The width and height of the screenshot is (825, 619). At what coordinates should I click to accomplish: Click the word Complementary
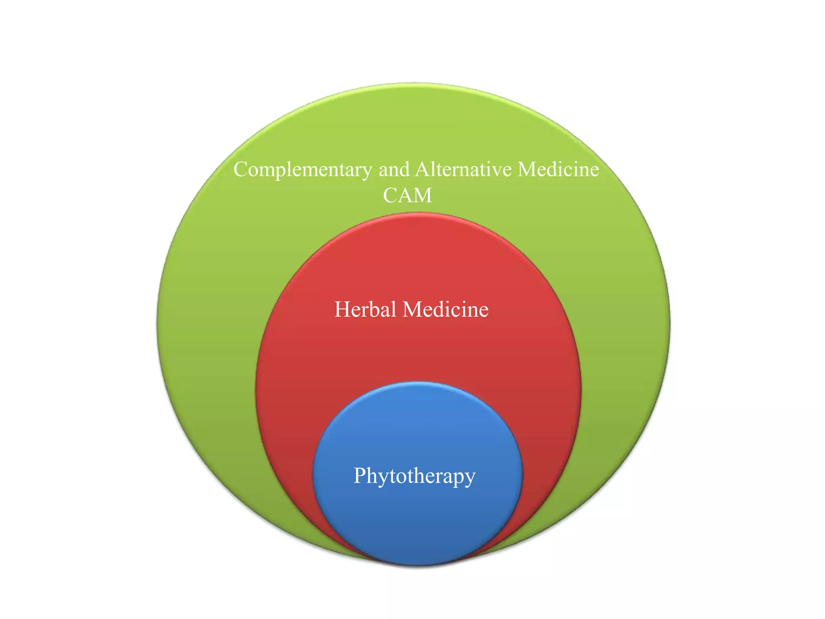coord(303,170)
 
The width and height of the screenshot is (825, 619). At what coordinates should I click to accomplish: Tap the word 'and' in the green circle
coord(394,169)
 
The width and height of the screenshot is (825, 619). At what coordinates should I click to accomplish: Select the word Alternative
coord(463,169)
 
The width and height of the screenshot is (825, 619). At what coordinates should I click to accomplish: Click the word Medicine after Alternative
coord(558,169)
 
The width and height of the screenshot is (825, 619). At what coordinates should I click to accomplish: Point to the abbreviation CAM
coord(407,196)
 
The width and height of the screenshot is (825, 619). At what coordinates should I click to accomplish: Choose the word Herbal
coord(365,309)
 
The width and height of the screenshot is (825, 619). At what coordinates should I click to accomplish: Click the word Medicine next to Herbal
coord(446,309)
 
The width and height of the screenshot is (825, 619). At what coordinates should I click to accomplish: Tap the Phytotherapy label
coord(415,476)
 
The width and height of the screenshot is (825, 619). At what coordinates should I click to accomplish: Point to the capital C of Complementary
coord(240,170)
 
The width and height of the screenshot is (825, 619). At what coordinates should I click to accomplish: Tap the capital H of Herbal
coord(342,309)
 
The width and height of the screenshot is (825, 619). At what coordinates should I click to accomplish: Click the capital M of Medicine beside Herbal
coord(412,309)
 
